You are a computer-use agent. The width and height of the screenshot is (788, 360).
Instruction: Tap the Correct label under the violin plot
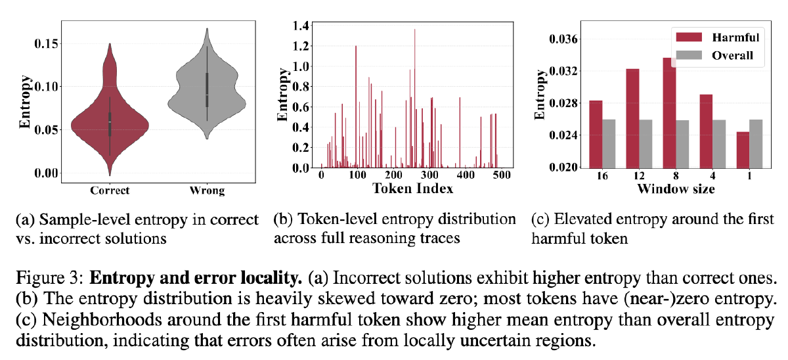(x=110, y=191)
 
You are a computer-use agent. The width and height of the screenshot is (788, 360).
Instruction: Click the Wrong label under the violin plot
(x=206, y=191)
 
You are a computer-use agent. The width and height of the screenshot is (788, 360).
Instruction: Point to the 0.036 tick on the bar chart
(x=557, y=39)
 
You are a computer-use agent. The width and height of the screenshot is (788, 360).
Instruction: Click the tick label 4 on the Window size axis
(x=707, y=177)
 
